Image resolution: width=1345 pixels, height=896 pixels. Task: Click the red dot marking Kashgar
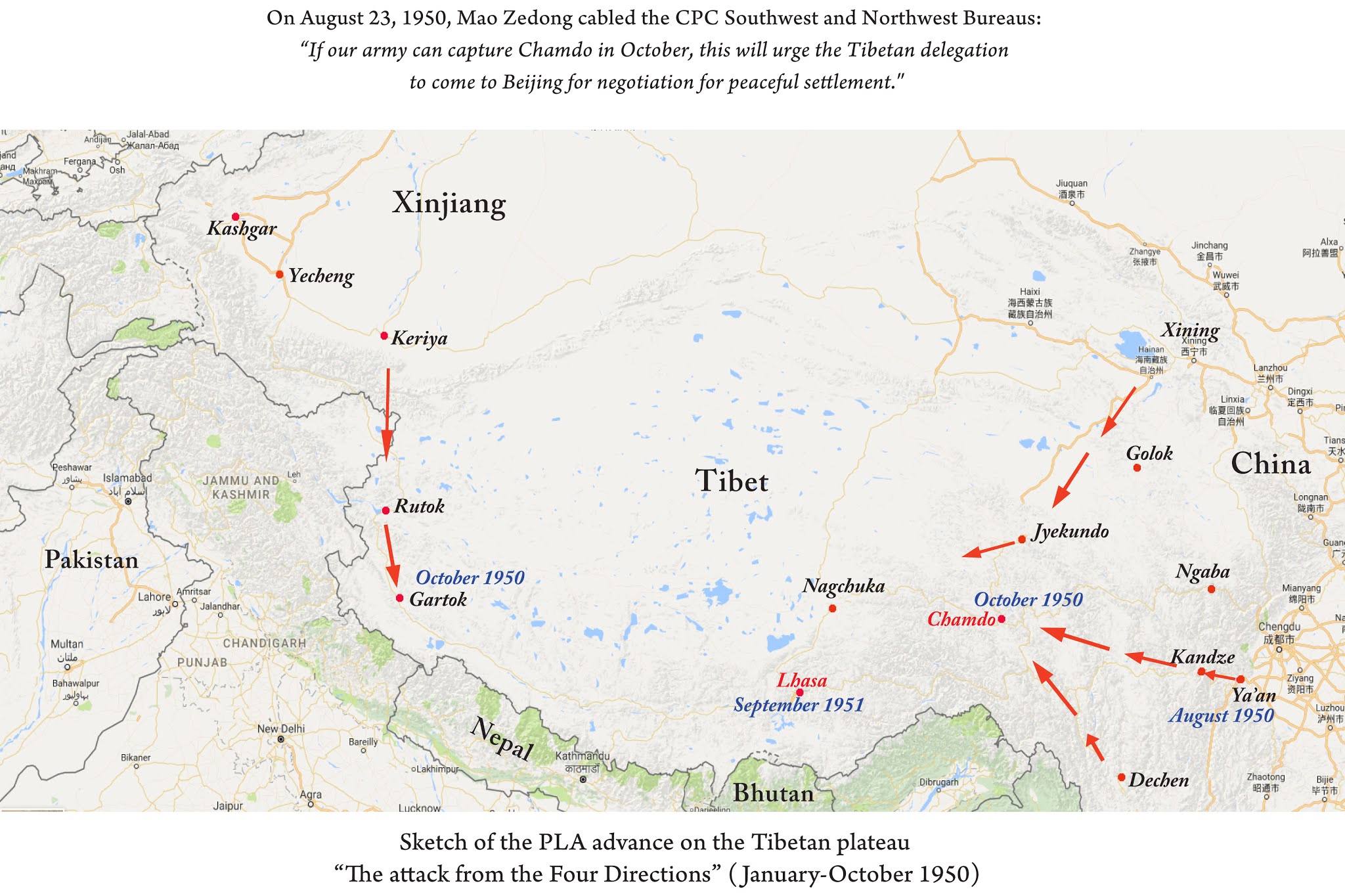tap(235, 217)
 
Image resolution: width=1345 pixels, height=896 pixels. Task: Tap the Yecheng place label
tap(321, 275)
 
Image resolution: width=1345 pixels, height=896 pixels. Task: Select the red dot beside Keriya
tap(384, 336)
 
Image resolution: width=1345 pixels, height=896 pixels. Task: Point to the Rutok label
tap(419, 506)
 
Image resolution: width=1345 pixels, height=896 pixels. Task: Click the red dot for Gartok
tap(399, 598)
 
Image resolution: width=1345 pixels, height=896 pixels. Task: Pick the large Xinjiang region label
tap(449, 203)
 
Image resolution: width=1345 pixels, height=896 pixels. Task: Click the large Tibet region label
tap(732, 481)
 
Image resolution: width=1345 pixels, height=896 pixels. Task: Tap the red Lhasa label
tap(802, 681)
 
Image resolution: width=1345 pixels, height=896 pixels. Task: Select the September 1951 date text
tap(799, 705)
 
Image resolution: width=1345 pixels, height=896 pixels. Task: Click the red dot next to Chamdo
tap(1002, 619)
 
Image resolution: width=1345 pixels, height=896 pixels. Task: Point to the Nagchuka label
tap(843, 586)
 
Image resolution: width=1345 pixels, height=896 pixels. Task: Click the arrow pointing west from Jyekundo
tap(990, 549)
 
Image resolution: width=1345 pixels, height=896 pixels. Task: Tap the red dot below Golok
tap(1137, 468)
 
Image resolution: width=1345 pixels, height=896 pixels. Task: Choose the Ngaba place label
tap(1202, 571)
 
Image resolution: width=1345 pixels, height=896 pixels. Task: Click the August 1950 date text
tap(1222, 715)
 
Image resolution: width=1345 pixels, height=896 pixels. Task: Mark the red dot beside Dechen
tap(1121, 778)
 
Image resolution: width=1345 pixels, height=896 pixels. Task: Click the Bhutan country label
tap(773, 793)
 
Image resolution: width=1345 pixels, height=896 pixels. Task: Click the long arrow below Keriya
tap(387, 414)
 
